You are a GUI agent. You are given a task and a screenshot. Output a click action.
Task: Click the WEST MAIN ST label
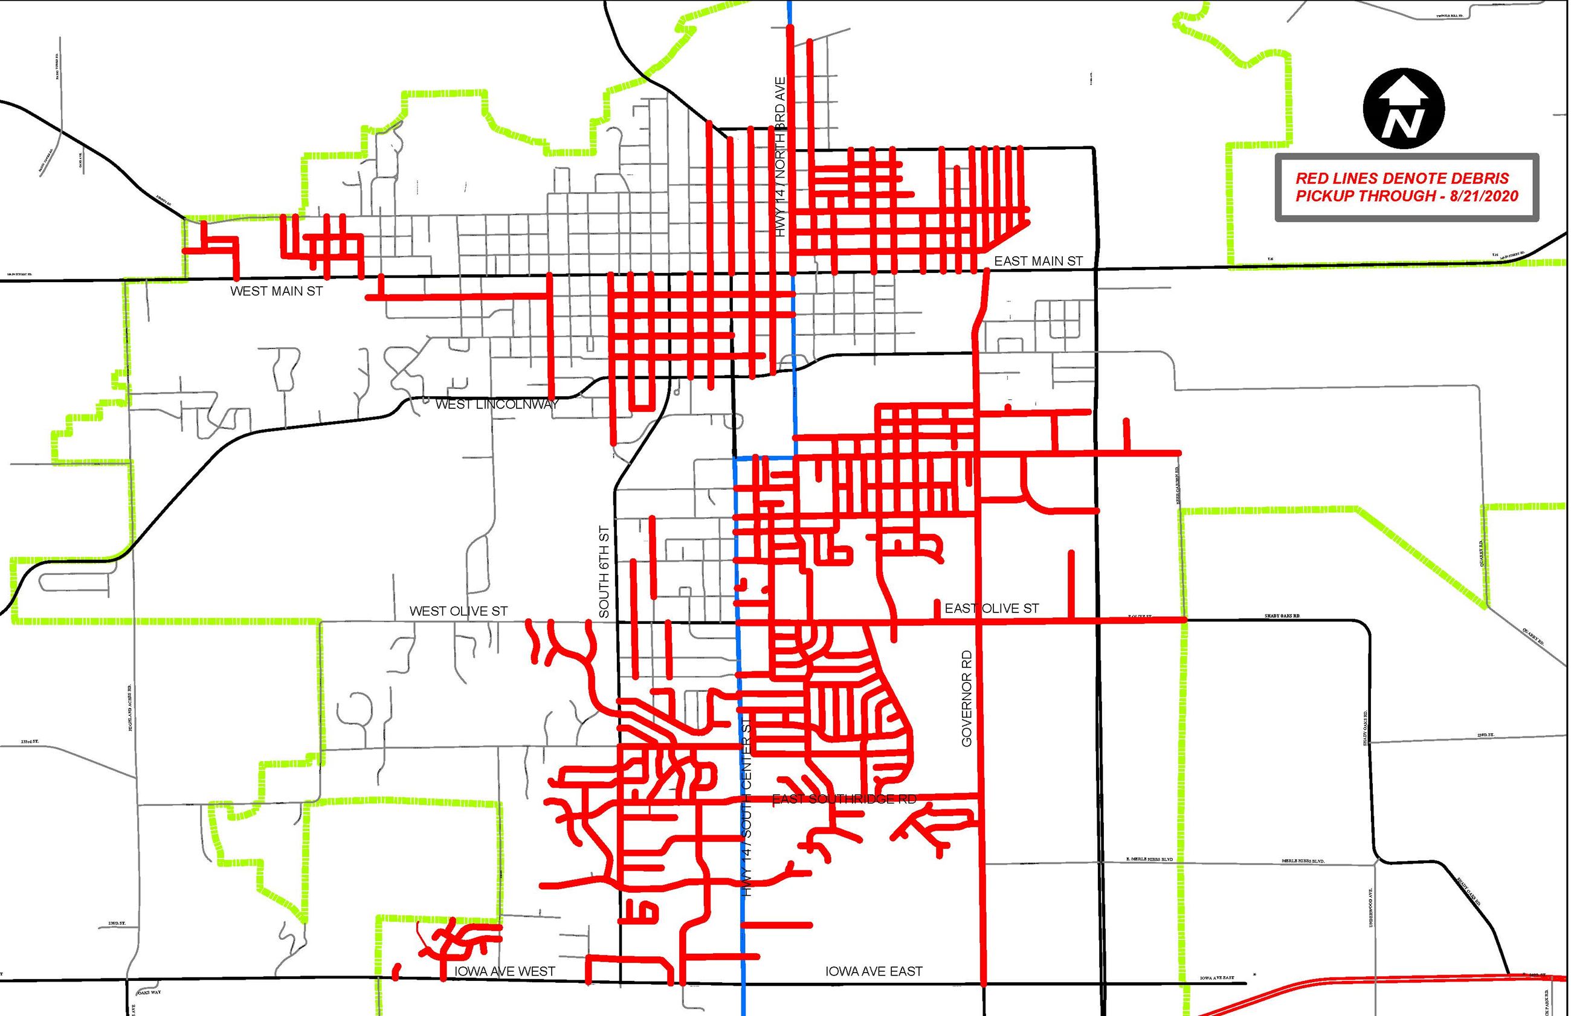coord(277,291)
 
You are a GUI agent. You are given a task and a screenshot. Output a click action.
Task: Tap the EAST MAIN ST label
coord(1038,262)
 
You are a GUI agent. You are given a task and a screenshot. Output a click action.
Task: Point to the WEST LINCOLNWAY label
coord(497,405)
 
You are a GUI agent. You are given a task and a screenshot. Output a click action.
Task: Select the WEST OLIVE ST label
coord(459,611)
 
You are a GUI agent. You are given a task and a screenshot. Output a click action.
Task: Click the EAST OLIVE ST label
coord(992,608)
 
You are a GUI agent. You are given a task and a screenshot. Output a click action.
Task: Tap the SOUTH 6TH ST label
coord(604,571)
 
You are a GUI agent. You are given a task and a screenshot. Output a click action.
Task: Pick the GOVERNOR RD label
coord(967,699)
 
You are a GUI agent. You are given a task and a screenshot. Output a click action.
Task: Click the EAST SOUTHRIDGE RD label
coord(844,800)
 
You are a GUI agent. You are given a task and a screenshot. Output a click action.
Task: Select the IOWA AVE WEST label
coord(505,971)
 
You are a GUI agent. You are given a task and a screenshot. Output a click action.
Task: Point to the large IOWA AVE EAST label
coord(874,971)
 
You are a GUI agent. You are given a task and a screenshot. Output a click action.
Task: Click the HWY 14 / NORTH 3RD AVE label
coord(781,157)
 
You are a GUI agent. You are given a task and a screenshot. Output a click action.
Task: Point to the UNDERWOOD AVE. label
coord(1371,907)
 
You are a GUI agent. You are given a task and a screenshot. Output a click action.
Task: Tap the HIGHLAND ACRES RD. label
coord(131,707)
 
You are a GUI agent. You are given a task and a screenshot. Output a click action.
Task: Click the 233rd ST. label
coord(30,742)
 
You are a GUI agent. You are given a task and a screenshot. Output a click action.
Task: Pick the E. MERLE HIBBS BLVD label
coord(1149,860)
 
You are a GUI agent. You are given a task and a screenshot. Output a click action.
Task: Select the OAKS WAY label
coord(149,992)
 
